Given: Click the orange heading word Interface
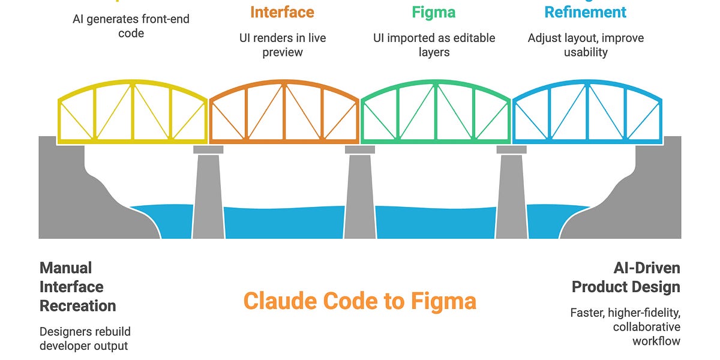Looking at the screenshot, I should tap(282, 12).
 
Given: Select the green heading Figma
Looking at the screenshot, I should tap(433, 12).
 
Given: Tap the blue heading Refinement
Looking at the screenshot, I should tap(585, 12).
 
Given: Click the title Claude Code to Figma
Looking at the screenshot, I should tap(359, 301).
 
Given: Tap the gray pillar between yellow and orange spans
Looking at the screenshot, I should tap(208, 195).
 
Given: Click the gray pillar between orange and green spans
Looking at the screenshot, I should tap(359, 195).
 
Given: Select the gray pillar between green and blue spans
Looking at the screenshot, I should tap(511, 195).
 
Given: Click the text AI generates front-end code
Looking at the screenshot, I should tap(131, 26).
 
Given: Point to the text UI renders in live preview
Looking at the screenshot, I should tap(282, 45).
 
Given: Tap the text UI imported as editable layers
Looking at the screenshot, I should tap(433, 45).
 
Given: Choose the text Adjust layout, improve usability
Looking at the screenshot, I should tap(585, 45).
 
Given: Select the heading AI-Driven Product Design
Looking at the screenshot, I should tap(626, 277).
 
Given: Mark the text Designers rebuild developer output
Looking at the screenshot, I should tap(85, 338).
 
